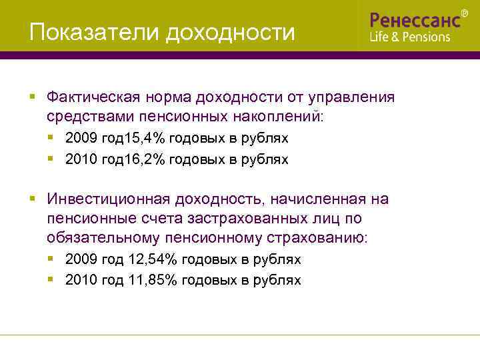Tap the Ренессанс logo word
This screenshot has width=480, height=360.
point(415,19)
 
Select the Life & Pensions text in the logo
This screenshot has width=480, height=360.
point(410,37)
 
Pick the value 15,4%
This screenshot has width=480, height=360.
point(146,139)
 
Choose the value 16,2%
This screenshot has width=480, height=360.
point(146,159)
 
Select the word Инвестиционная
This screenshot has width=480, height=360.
point(105,199)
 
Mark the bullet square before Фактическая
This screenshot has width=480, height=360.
point(32,97)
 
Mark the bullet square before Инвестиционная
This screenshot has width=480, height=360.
point(32,199)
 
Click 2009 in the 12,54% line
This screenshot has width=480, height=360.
point(81,259)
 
